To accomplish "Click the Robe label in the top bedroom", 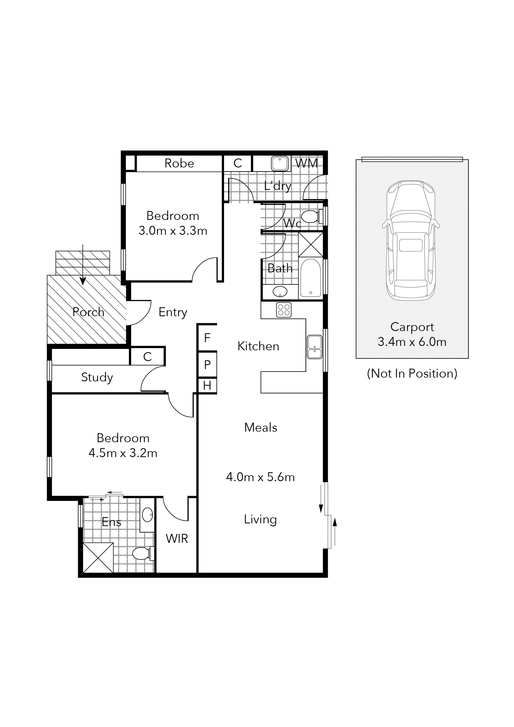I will [179, 163].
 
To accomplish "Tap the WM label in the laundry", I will [306, 163].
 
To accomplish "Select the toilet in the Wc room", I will [310, 217].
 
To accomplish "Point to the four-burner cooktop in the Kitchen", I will [284, 310].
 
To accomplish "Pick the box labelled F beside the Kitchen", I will [207, 338].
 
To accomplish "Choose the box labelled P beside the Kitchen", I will [207, 365].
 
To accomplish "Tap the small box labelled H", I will [207, 386].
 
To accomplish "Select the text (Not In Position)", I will [412, 374].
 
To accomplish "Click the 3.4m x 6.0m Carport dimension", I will [412, 342].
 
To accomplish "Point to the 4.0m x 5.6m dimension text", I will [260, 477].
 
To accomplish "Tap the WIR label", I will [177, 538].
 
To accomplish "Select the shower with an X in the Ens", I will [98, 558].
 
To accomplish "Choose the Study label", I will [97, 377].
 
